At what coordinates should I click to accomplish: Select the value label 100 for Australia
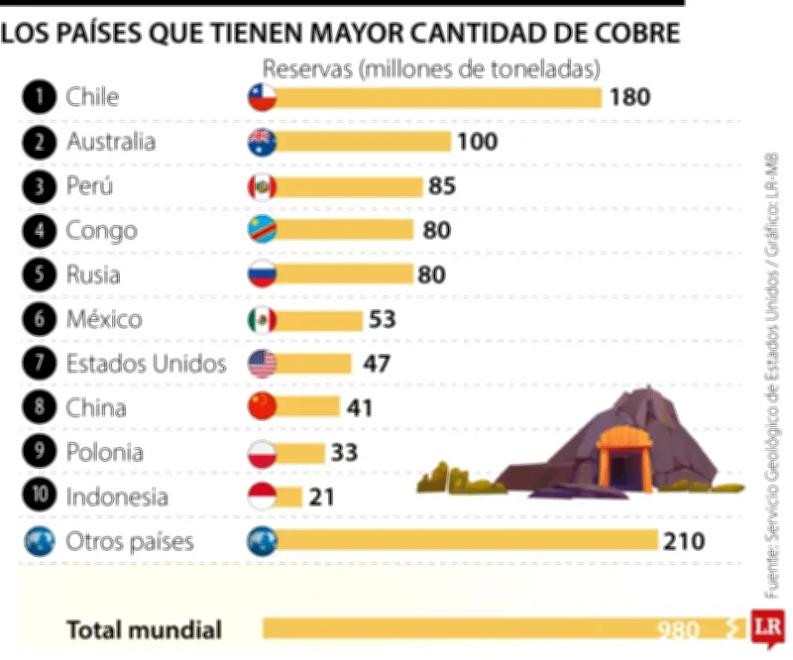pos(478,142)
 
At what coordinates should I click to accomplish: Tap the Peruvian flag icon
pos(262,186)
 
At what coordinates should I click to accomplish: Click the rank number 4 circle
pos(39,231)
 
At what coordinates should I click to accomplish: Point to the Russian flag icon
pos(262,275)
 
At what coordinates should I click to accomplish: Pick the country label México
pos(104,319)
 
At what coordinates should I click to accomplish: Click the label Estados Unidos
pos(146,364)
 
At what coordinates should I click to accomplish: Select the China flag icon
pos(262,407)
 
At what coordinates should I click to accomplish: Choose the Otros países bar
pos(466,541)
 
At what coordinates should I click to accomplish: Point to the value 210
pos(685,541)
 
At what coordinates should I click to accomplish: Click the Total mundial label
pos(144,629)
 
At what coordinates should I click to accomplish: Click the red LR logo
pos(764,627)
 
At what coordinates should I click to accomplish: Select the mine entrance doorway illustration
pos(622,466)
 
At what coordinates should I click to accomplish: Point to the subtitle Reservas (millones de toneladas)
pos(431,69)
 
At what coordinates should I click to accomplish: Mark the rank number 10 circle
pos(39,496)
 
